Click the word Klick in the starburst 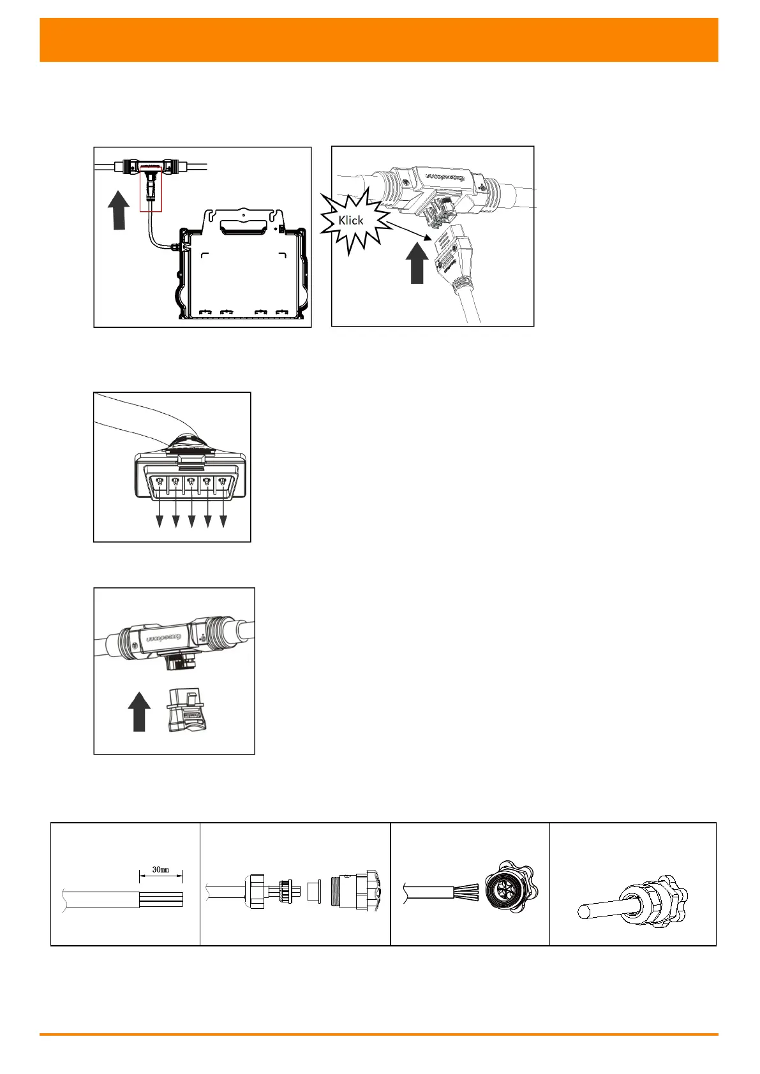351,221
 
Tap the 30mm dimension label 160,869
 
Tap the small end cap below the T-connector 185,710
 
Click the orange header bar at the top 379,40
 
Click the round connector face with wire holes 508,888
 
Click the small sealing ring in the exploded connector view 313,891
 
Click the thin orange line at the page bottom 379,1034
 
